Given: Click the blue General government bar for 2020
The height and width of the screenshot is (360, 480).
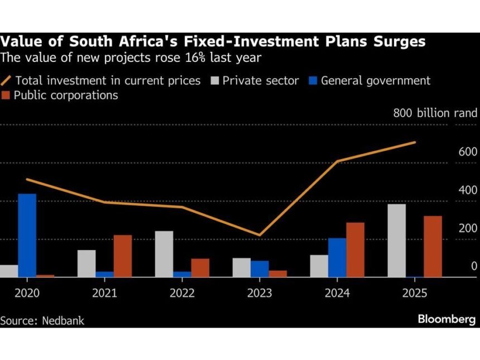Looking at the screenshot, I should [x=27, y=235].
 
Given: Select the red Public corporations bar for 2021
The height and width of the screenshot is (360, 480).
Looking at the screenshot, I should [x=123, y=256].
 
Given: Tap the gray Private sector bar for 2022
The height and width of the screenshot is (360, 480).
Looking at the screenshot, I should [x=164, y=253].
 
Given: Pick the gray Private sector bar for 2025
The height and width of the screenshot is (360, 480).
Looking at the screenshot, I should [x=396, y=240].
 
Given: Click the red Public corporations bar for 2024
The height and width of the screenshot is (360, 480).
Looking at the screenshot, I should [x=355, y=249].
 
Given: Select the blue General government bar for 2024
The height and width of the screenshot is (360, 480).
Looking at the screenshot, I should [x=337, y=257].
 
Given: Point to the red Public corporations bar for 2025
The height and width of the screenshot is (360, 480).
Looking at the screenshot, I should [x=433, y=246].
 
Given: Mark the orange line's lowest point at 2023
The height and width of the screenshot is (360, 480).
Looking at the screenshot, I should [x=260, y=235].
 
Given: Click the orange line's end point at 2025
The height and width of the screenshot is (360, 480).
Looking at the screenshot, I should [x=415, y=142].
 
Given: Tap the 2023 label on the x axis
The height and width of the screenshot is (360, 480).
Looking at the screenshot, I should [x=260, y=293].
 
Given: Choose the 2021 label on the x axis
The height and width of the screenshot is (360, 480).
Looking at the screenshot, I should [x=104, y=293].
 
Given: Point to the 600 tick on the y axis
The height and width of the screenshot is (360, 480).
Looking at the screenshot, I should [x=467, y=152].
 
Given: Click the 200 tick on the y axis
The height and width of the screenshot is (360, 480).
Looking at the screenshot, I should [x=467, y=228].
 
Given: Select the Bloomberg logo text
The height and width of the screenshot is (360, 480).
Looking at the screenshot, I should [x=447, y=319].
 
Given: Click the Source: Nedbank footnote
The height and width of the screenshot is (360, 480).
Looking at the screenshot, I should [x=42, y=321].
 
